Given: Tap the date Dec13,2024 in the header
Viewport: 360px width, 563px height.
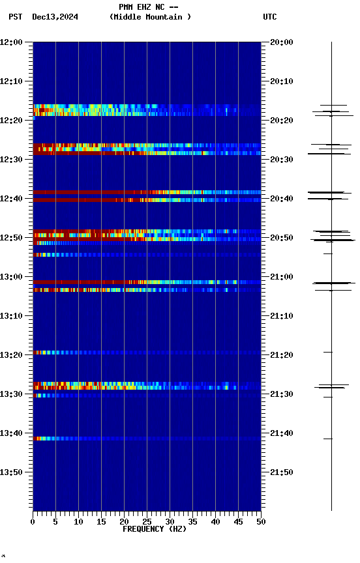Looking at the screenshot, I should [55, 17].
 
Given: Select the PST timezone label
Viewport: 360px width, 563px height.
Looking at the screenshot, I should [15, 17].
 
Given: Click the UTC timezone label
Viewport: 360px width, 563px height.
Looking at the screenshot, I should [270, 17].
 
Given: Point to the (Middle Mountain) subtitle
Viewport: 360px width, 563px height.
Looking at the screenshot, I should [151, 17].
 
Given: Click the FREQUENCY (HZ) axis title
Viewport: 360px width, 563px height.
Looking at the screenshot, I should [154, 529].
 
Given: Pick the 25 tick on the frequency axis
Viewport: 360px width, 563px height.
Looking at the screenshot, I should [147, 521].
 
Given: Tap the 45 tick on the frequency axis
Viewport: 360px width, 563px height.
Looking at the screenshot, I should [238, 521].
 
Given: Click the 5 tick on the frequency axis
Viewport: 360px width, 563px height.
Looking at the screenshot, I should [55, 521].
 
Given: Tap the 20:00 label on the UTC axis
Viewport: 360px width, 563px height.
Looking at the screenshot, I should [281, 42].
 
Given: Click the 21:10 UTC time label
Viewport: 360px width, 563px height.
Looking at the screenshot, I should [281, 316].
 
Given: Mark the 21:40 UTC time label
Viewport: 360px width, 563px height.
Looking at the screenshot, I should [281, 433].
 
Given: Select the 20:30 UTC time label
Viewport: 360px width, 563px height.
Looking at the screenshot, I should [281, 160].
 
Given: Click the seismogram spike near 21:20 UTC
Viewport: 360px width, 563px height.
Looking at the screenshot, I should [328, 352].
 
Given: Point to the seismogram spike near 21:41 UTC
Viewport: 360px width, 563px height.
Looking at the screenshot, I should [328, 439].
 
